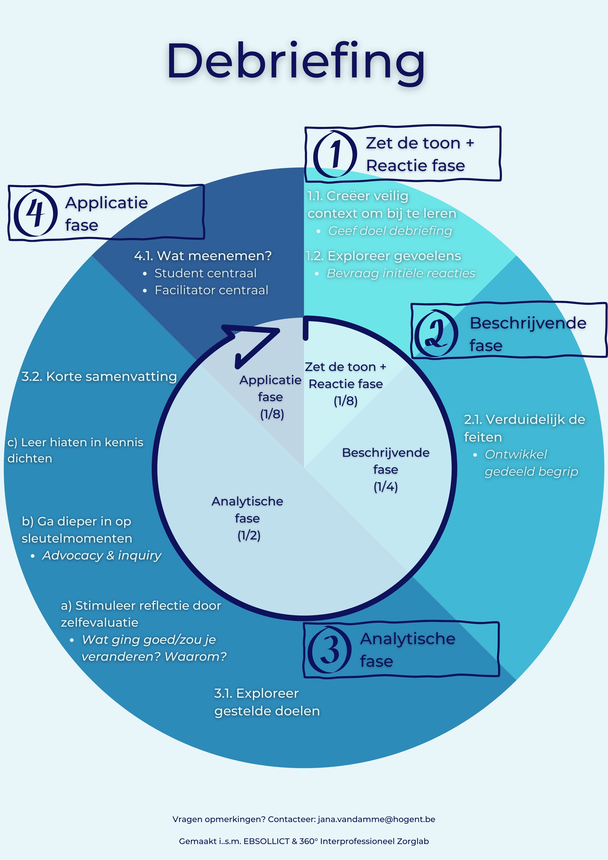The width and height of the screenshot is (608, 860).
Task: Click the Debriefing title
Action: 296,62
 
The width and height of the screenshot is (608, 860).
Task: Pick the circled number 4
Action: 36,213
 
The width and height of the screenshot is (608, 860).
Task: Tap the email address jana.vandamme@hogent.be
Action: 376,819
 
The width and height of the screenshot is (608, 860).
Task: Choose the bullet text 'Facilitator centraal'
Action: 211,290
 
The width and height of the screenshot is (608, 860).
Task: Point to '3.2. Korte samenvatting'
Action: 99,376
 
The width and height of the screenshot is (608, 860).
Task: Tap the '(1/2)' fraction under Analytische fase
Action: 249,535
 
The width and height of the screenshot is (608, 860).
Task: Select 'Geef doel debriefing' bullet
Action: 390,231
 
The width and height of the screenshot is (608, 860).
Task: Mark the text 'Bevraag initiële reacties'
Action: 401,273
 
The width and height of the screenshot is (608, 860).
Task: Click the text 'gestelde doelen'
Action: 267,711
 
